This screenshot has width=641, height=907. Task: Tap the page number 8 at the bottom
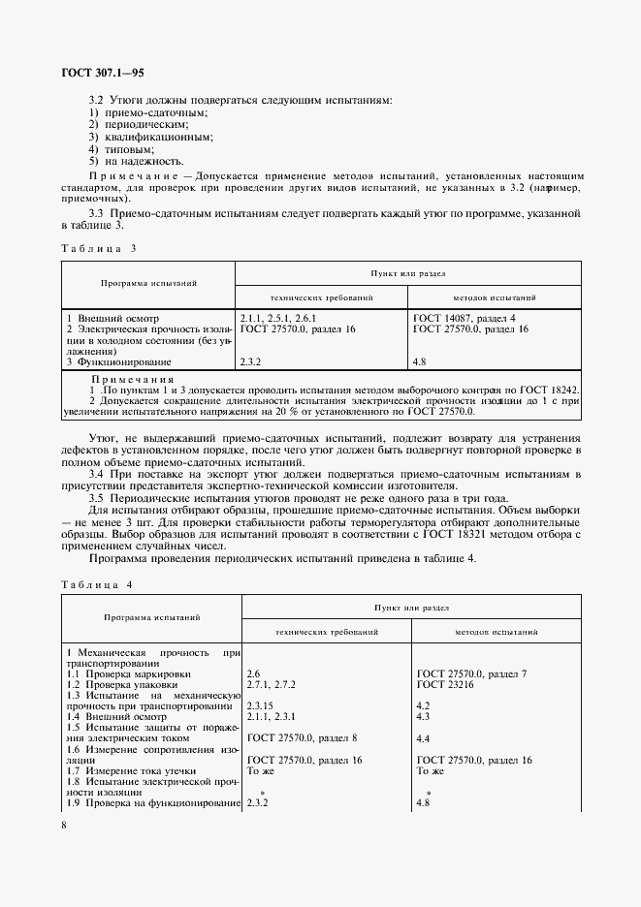pyautogui.click(x=64, y=825)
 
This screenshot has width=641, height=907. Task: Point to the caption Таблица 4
pyautogui.click(x=96, y=583)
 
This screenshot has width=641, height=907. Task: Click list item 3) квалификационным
pyautogui.click(x=138, y=138)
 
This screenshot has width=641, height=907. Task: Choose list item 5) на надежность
pyautogui.click(x=128, y=162)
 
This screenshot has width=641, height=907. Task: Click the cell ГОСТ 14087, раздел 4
pyautogui.click(x=465, y=318)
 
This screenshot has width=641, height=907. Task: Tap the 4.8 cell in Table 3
pyautogui.click(x=420, y=361)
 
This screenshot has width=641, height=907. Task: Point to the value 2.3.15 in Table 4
pyautogui.click(x=263, y=706)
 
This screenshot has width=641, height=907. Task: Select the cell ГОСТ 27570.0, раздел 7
pyautogui.click(x=471, y=672)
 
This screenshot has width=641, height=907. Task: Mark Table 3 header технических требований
pyautogui.click(x=321, y=297)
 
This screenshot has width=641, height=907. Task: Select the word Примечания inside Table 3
pyautogui.click(x=132, y=379)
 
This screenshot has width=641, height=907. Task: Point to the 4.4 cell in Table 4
pyautogui.click(x=423, y=738)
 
